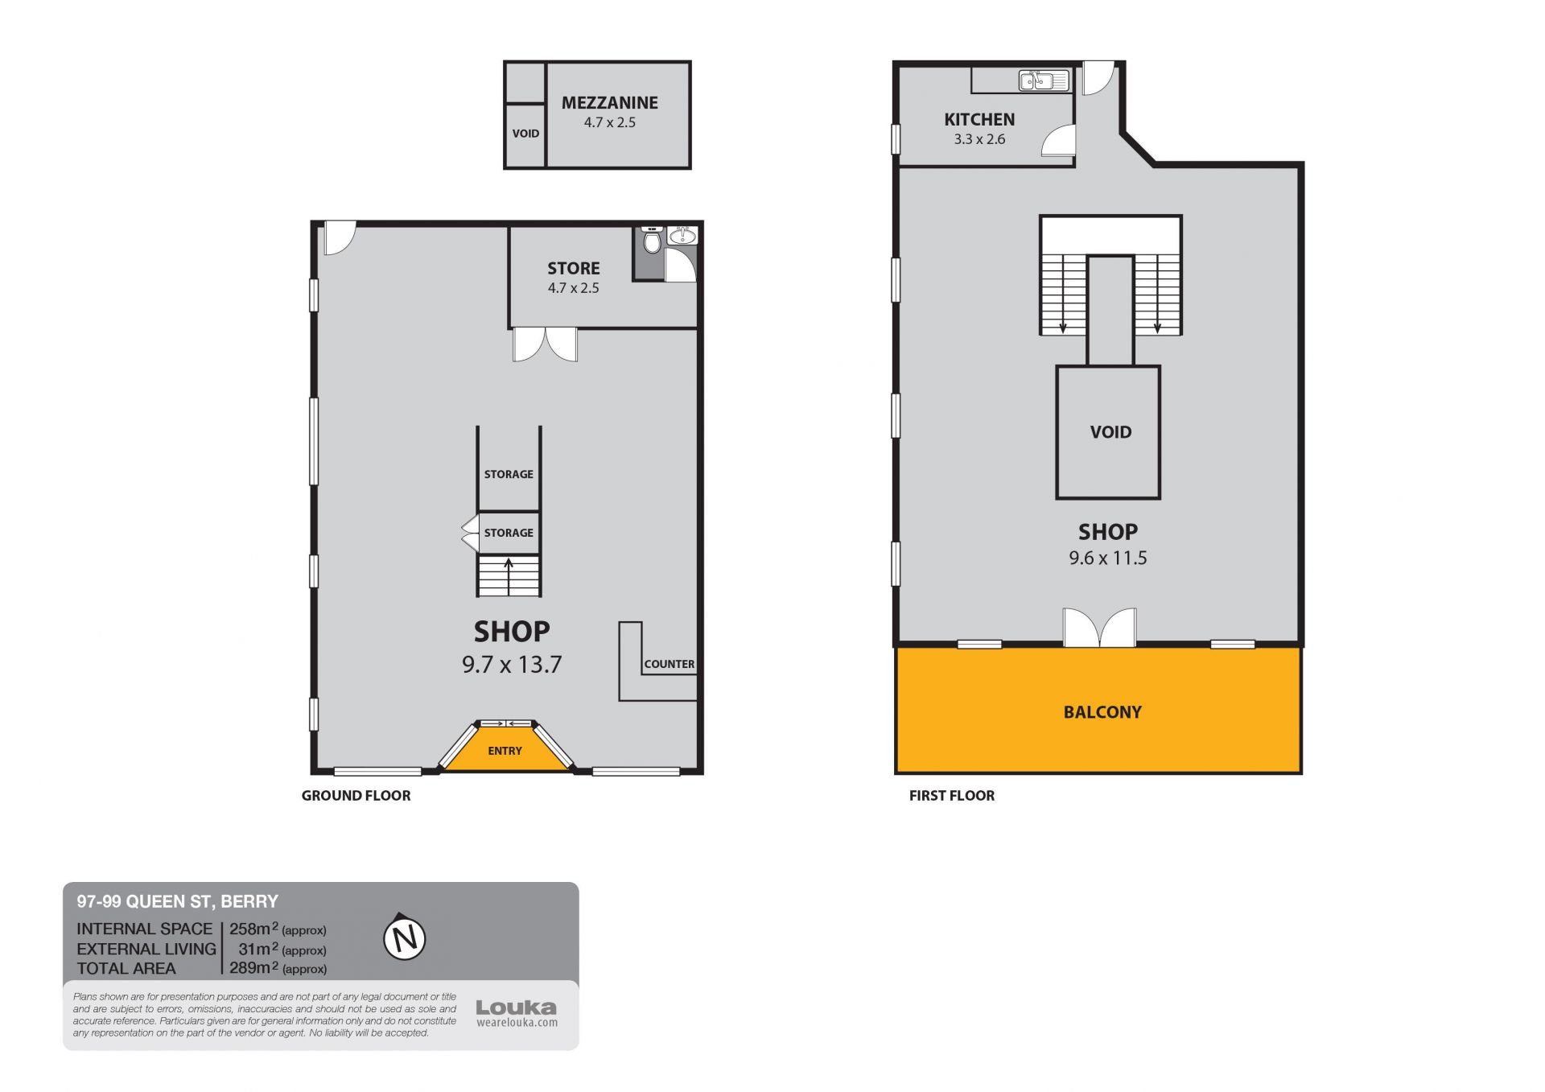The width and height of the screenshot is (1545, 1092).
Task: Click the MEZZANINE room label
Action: [x=609, y=103]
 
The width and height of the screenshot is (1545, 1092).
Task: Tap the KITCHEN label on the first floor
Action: [x=979, y=119]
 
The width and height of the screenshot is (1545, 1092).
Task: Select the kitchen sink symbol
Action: [x=1044, y=80]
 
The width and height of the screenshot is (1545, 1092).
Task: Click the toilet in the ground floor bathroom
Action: [x=653, y=241]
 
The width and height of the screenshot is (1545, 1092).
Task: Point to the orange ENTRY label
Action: [x=505, y=751]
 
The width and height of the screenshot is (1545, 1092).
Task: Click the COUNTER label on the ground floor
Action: [x=669, y=664]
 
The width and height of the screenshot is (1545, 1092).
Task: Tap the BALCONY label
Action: [x=1102, y=712]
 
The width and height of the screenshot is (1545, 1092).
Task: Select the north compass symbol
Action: [x=404, y=937]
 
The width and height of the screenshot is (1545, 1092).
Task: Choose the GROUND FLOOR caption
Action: [x=356, y=795]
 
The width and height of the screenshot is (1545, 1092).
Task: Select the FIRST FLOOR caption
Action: [x=952, y=795]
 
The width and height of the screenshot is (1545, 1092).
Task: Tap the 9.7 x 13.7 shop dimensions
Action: [x=512, y=665]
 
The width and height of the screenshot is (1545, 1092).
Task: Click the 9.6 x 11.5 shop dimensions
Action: [x=1108, y=558]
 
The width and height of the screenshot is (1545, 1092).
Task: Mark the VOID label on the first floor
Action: [x=1110, y=432]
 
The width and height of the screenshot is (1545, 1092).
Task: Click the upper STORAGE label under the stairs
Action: [x=509, y=474]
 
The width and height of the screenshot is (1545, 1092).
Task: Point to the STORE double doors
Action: [x=546, y=344]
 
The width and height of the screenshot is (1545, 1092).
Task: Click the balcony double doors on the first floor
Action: [x=1099, y=627]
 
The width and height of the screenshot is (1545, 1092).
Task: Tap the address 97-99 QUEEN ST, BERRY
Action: [x=177, y=901]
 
